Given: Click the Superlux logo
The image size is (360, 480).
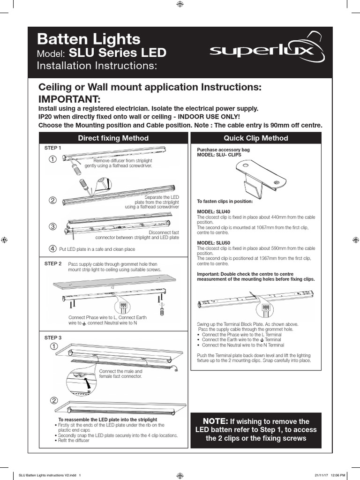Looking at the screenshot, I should click(267, 50).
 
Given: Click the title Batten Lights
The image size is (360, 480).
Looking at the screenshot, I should click(89, 39).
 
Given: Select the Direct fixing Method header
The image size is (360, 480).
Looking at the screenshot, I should click(113, 138).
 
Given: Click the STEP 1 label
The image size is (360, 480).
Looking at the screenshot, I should click(53, 148).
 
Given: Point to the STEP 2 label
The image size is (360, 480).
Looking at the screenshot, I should click(53, 264).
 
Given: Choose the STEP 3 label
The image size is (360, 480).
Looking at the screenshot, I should click(53, 337).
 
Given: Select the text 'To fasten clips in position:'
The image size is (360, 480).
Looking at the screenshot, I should click(225, 202).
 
